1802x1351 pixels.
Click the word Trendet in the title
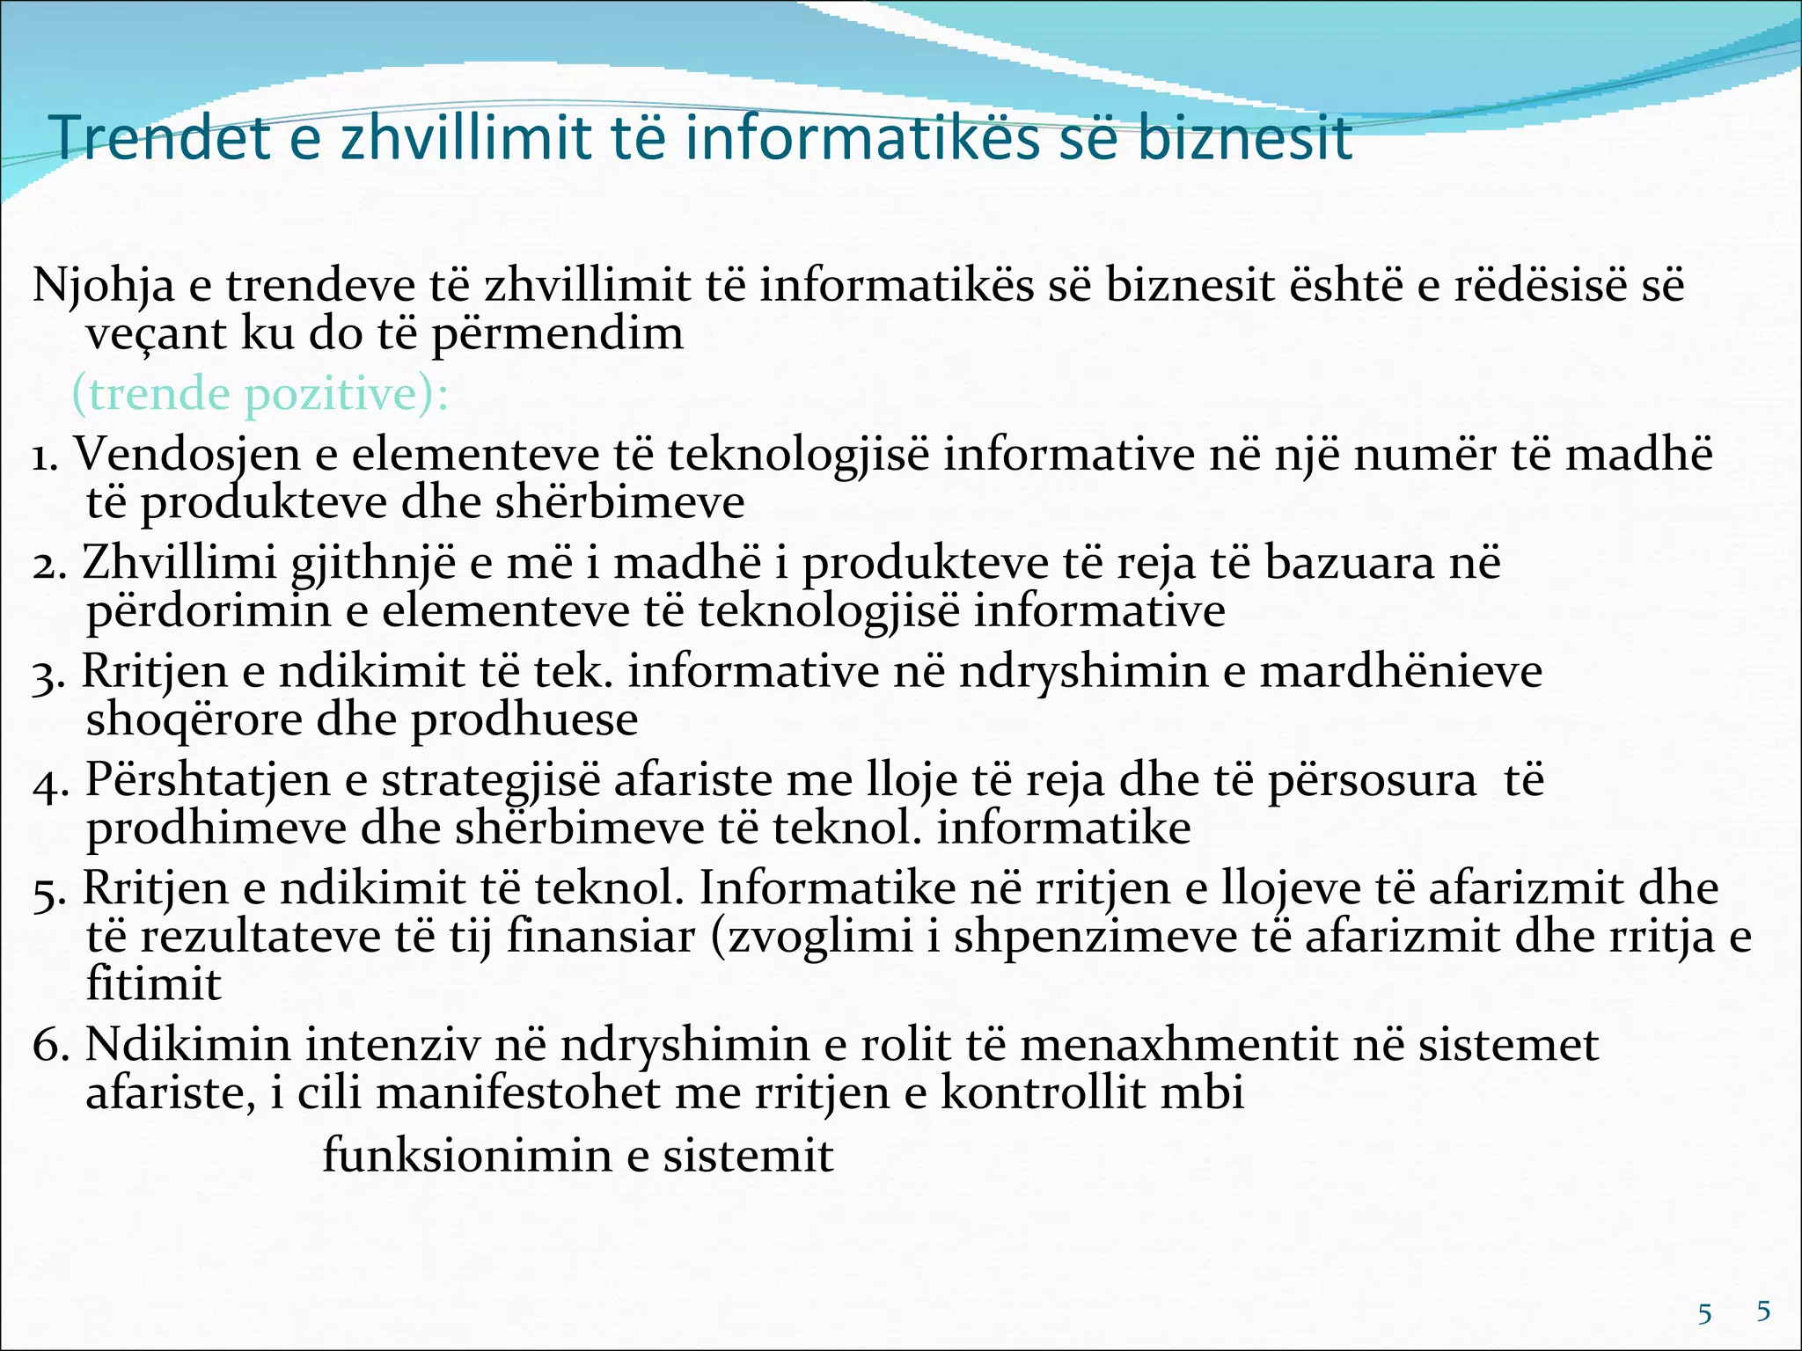click(x=159, y=138)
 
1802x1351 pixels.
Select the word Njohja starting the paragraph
click(x=104, y=285)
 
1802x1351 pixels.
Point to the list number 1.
click(x=44, y=456)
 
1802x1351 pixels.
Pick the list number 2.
click(x=48, y=565)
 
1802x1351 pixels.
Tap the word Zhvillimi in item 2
click(x=179, y=563)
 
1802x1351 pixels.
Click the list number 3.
click(x=48, y=675)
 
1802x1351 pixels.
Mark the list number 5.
click(x=48, y=891)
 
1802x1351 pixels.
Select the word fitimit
click(x=153, y=983)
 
